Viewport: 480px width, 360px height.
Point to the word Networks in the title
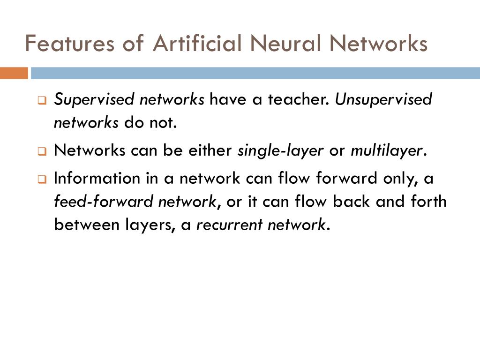pos(378,44)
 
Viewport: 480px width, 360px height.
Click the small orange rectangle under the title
pos(14,73)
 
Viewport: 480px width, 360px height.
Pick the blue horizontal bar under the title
pos(255,73)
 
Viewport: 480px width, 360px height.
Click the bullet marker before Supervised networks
pos(42,101)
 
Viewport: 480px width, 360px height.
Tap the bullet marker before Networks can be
pos(42,152)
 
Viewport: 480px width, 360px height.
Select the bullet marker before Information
pos(42,180)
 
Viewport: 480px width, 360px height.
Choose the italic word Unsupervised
pos(383,100)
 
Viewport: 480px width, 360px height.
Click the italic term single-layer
pos(281,151)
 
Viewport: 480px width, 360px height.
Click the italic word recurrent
pos(229,225)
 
